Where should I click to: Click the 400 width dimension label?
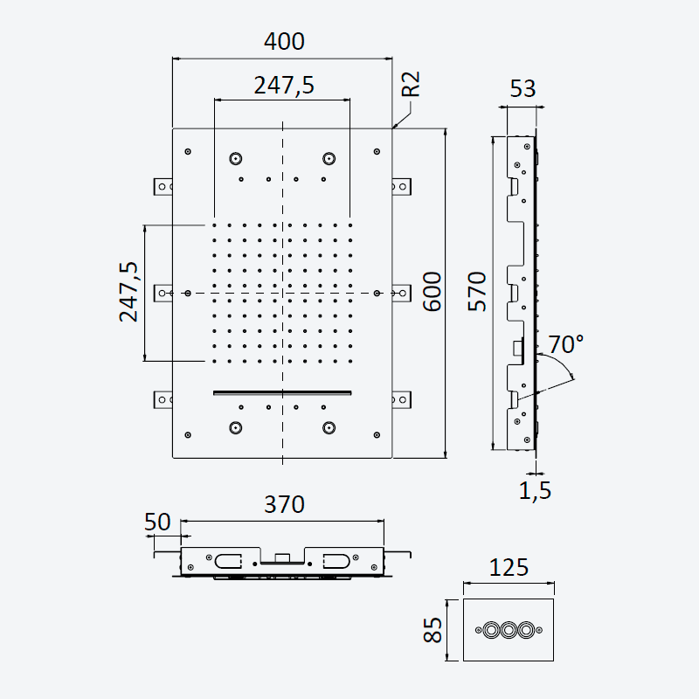(284, 41)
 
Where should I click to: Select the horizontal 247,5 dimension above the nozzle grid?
(284, 85)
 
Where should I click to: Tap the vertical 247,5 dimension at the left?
(128, 292)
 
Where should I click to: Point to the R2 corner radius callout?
(411, 84)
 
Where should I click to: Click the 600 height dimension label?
(432, 291)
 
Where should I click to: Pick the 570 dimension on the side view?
(477, 291)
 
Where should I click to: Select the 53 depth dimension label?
(523, 89)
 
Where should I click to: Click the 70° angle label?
(565, 344)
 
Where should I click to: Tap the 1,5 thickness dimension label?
(535, 490)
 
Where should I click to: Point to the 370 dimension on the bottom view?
(284, 505)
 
